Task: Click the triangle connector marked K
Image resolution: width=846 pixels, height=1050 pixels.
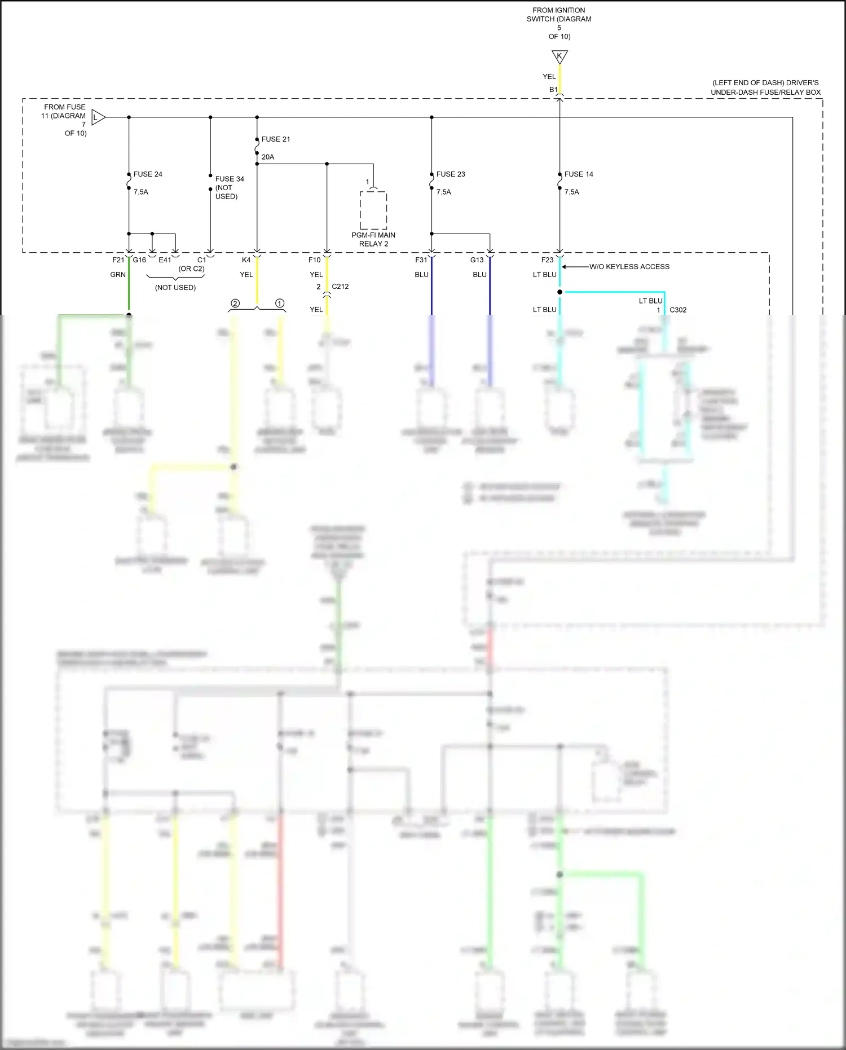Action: (x=559, y=56)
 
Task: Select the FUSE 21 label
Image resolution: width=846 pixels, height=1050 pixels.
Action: (x=276, y=139)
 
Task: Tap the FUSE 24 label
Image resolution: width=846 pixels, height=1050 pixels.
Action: (x=148, y=174)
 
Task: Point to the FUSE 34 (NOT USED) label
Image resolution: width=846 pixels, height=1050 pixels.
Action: (x=229, y=187)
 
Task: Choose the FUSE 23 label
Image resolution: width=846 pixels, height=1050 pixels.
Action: (x=451, y=174)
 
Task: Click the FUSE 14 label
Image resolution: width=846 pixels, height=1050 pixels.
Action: (x=579, y=174)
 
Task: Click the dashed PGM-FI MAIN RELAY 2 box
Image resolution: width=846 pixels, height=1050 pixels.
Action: (x=373, y=210)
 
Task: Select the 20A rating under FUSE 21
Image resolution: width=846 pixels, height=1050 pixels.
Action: (x=268, y=157)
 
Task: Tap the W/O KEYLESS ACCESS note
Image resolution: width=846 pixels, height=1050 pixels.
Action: (x=629, y=267)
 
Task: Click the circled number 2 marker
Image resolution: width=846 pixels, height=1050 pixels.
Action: (x=235, y=304)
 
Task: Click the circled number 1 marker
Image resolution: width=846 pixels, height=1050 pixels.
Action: (x=280, y=304)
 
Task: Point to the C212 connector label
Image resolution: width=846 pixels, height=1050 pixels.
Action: (x=340, y=287)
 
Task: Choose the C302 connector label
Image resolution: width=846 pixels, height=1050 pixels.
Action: (x=678, y=310)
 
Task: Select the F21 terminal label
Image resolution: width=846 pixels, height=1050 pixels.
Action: (x=118, y=260)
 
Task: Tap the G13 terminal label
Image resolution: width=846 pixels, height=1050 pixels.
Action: (x=477, y=260)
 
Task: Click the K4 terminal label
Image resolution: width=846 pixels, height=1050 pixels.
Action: (x=246, y=260)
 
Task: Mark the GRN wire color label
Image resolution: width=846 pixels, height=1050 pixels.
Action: (x=118, y=275)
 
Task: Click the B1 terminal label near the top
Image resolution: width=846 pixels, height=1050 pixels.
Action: (x=553, y=90)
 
